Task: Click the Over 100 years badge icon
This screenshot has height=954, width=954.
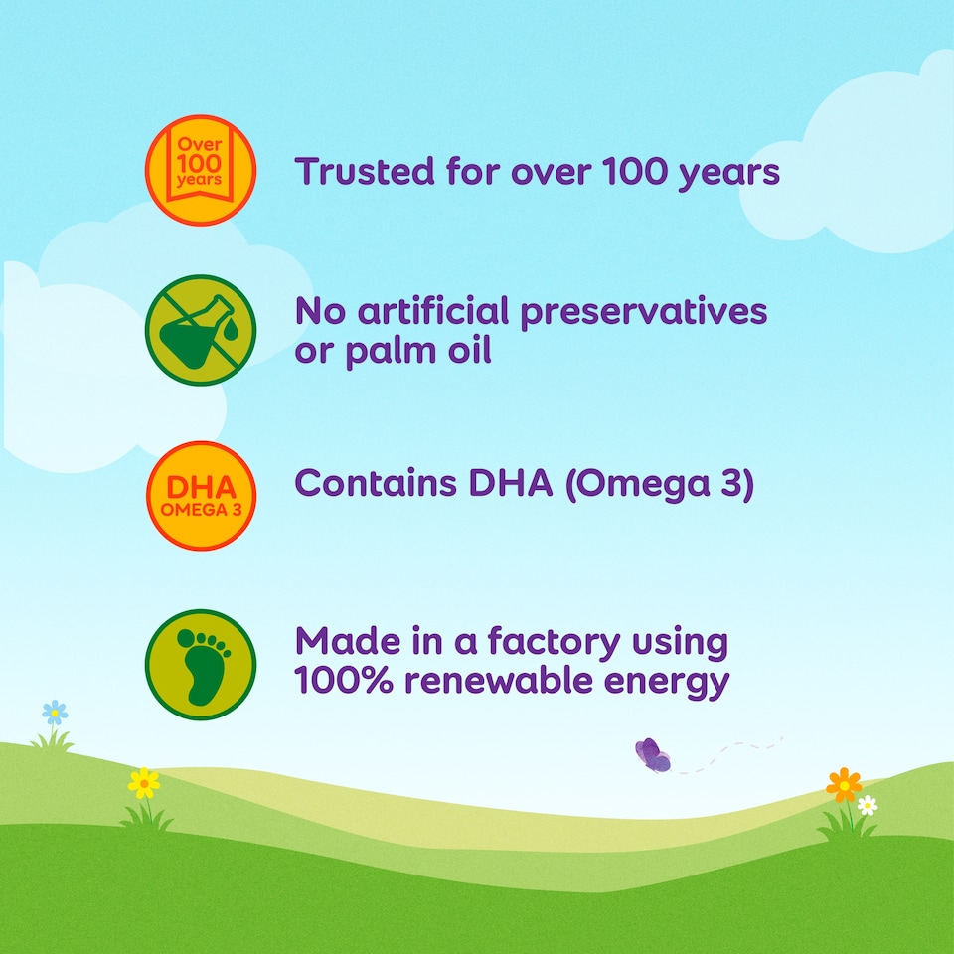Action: pyautogui.click(x=200, y=170)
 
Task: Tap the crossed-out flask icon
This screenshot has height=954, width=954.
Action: pyautogui.click(x=200, y=330)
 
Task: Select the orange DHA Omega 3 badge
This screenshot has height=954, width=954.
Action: pyautogui.click(x=200, y=496)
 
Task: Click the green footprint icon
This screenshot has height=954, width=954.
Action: pyautogui.click(x=200, y=665)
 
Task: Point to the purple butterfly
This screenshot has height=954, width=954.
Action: pyautogui.click(x=653, y=755)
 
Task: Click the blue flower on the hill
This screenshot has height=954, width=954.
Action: pyautogui.click(x=55, y=713)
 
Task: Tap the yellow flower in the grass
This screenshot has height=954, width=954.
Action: pyautogui.click(x=144, y=784)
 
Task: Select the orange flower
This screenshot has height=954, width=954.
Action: pyautogui.click(x=844, y=785)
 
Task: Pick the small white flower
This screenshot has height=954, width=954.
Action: pyautogui.click(x=867, y=805)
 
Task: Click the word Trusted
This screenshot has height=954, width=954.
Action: pyautogui.click(x=365, y=171)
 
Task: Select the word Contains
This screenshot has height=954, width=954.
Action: pyautogui.click(x=376, y=483)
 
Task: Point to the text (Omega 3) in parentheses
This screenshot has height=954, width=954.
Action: pyautogui.click(x=660, y=485)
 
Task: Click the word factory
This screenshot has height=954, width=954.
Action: pyautogui.click(x=554, y=643)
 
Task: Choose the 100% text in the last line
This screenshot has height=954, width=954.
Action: pyautogui.click(x=344, y=680)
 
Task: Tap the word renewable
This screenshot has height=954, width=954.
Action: pyautogui.click(x=498, y=680)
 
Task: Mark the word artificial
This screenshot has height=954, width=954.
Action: pyautogui.click(x=432, y=311)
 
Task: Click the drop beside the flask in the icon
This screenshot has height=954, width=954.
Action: pyautogui.click(x=231, y=329)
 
